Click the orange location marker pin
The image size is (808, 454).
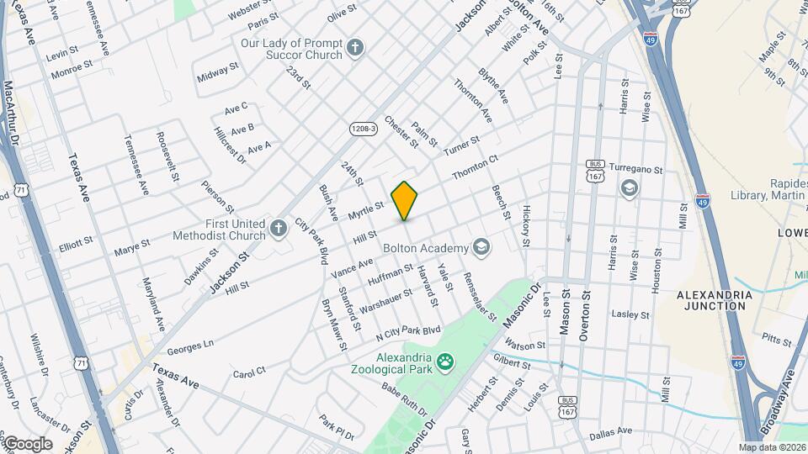coord(405,200)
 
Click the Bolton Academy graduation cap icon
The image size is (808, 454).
coord(481,247)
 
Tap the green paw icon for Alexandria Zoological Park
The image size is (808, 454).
coord(445,363)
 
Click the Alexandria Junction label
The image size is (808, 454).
coord(711,300)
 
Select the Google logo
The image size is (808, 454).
coord(28,443)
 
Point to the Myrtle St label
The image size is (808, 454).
coord(366,211)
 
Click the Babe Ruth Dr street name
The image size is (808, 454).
coord(404,399)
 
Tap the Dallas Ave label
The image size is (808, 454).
coord(610,431)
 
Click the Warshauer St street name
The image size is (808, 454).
coord(384,298)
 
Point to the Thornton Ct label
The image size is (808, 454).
coord(476,166)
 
